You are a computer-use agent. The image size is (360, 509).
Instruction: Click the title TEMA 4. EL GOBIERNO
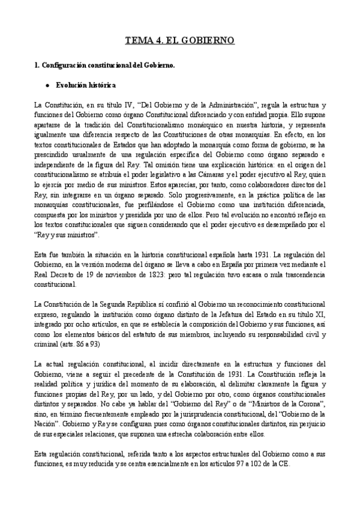click(x=179, y=41)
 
